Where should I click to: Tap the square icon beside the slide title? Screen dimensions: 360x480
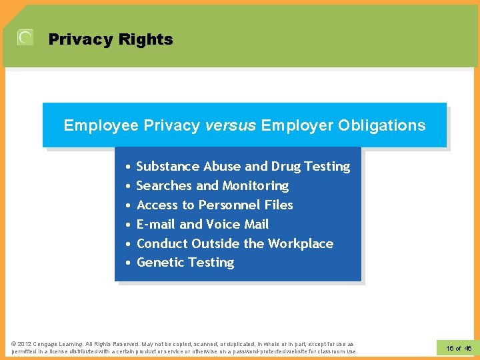coord(25,38)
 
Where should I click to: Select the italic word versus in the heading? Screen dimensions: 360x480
coord(231,125)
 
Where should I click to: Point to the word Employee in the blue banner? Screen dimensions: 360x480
coord(101,125)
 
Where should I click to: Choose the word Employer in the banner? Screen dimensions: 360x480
coord(297,125)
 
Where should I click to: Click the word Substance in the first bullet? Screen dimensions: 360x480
coord(167,166)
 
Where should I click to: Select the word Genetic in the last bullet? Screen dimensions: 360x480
coord(160,263)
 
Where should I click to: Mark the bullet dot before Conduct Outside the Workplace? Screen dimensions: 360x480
coord(127,244)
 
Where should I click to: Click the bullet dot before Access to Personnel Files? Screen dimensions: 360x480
coord(127,205)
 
